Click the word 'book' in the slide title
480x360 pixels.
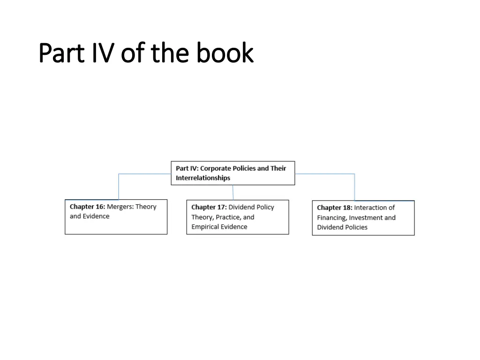[225, 53]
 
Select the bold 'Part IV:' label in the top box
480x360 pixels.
[187, 168]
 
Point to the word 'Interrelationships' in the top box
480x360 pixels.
[203, 178]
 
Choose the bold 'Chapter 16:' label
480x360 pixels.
[87, 207]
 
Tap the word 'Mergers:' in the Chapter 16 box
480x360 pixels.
[120, 207]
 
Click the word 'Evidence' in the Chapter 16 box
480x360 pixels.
[96, 216]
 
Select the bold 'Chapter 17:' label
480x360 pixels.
[209, 207]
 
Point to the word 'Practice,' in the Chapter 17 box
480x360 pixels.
[228, 217]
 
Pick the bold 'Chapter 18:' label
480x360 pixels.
[334, 208]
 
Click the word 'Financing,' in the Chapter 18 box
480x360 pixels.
[332, 217]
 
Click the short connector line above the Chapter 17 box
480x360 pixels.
[233, 192]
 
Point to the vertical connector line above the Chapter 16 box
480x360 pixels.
[119, 187]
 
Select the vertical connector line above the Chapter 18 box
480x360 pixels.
[354, 187]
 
